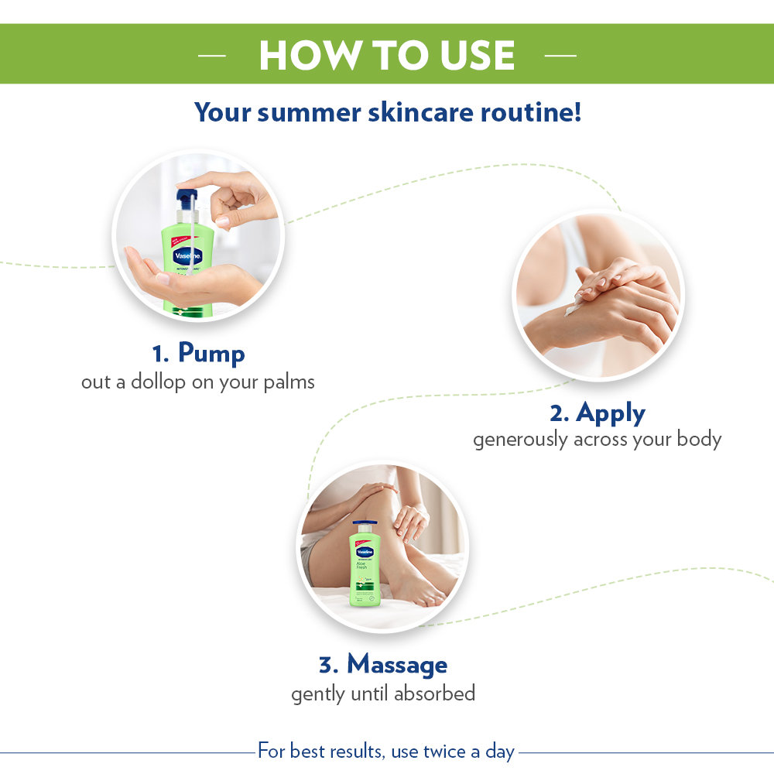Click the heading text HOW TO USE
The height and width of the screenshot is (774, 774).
click(386, 55)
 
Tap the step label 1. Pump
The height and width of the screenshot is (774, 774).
click(198, 354)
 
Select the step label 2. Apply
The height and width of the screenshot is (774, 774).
click(597, 413)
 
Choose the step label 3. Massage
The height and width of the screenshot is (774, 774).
click(382, 664)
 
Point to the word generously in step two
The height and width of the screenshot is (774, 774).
click(521, 440)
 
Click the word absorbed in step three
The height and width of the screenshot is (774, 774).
click(434, 694)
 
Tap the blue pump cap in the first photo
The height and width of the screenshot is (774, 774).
click(187, 199)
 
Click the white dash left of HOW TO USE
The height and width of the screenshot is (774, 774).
click(211, 56)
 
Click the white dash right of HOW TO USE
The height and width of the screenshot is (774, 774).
click(561, 56)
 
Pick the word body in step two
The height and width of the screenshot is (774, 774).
click(700, 440)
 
